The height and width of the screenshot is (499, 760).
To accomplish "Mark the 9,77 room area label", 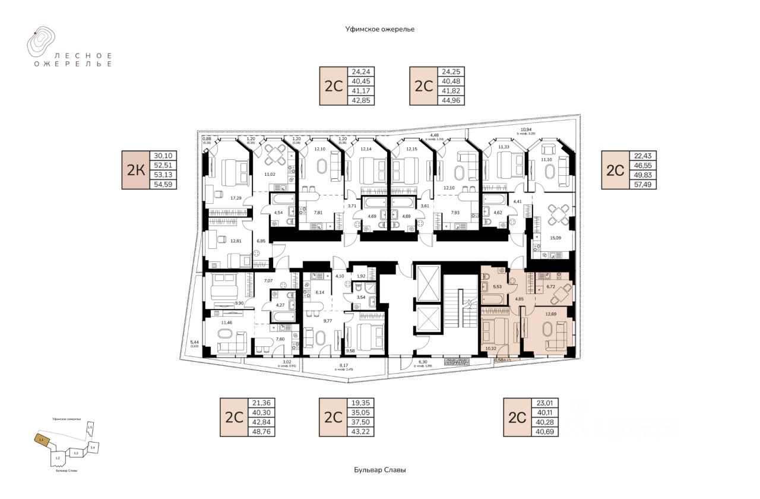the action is click(327, 321).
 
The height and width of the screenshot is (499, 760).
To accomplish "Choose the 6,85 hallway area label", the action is click(261, 241).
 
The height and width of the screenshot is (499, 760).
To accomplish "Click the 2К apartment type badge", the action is click(136, 170).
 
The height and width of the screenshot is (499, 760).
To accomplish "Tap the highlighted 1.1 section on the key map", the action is click(41, 440).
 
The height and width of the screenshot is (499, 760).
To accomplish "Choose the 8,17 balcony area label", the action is click(344, 366).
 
